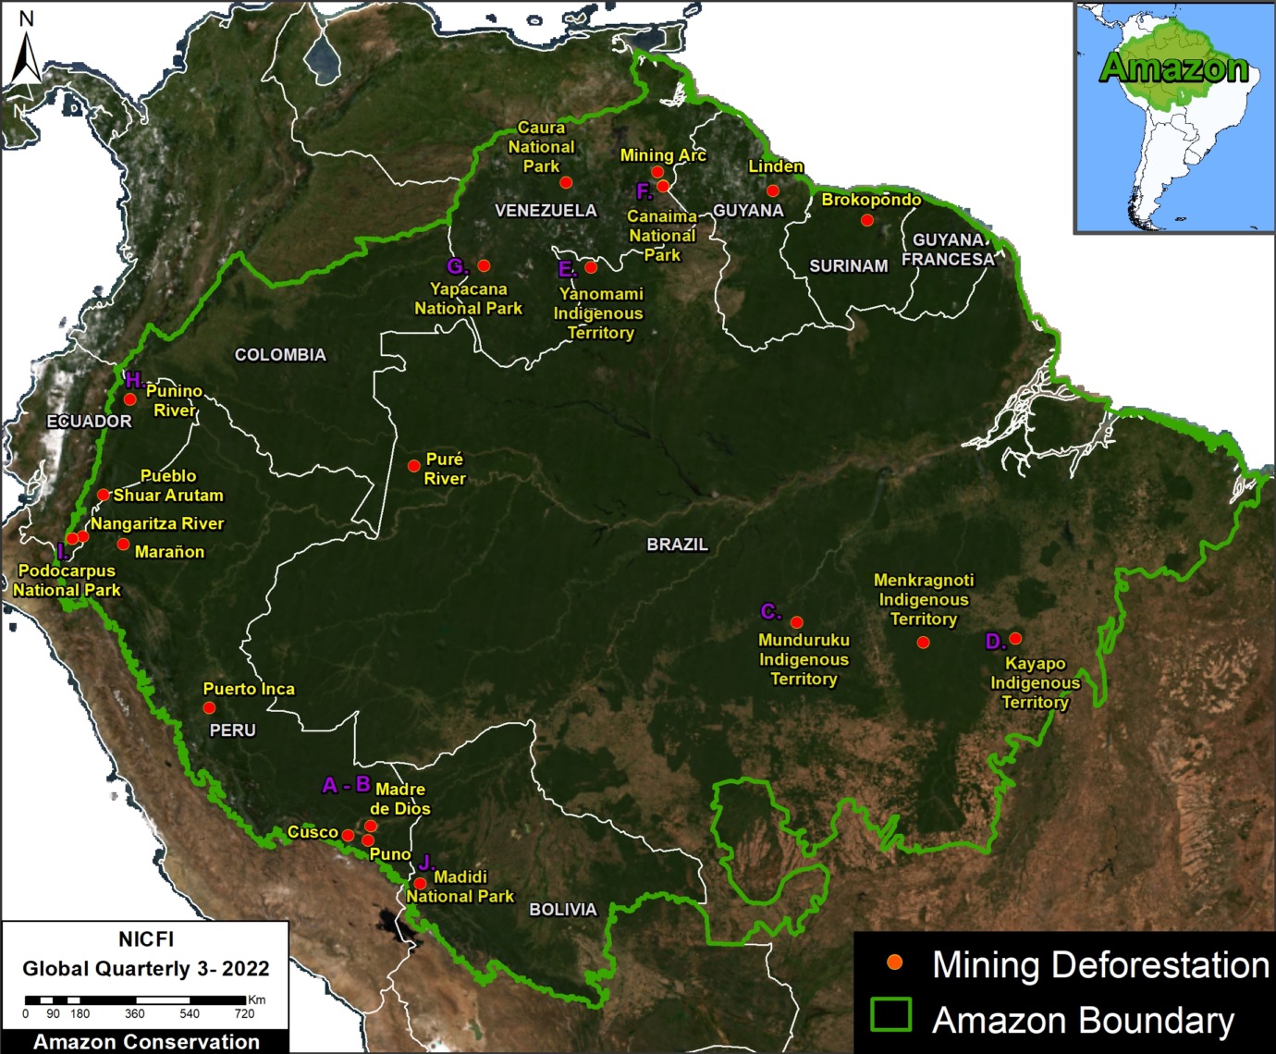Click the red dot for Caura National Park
click(566, 182)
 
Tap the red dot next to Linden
click(773, 190)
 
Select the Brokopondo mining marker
click(866, 220)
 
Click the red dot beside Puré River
click(414, 466)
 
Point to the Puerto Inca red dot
click(209, 708)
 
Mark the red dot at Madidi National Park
click(420, 884)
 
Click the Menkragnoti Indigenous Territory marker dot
click(923, 643)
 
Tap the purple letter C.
click(769, 612)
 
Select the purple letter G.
click(456, 267)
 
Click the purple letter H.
click(133, 381)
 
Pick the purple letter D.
click(994, 642)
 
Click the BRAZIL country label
click(677, 545)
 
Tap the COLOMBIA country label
click(280, 355)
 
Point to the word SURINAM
click(848, 266)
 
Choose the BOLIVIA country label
click(562, 910)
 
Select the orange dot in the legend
click(894, 962)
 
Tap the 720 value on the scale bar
click(244, 1014)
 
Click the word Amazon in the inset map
click(1173, 67)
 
